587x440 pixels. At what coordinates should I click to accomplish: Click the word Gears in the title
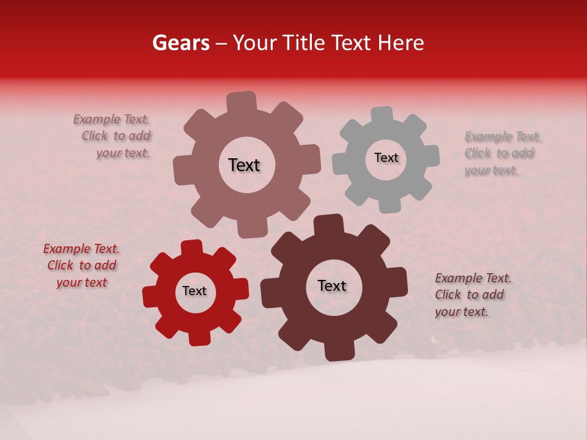click(x=180, y=43)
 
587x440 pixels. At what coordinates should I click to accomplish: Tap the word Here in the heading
click(x=401, y=43)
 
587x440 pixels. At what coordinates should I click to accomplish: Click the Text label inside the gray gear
click(x=386, y=158)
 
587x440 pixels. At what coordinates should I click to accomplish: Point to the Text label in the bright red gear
click(x=194, y=291)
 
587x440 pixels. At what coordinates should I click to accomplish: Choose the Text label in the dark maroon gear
click(x=332, y=286)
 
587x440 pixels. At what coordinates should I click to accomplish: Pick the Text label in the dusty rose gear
click(x=244, y=165)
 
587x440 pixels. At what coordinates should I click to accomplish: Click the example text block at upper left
click(x=114, y=136)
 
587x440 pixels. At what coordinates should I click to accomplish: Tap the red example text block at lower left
click(x=81, y=266)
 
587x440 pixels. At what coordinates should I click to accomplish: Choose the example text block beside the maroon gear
click(x=472, y=295)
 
